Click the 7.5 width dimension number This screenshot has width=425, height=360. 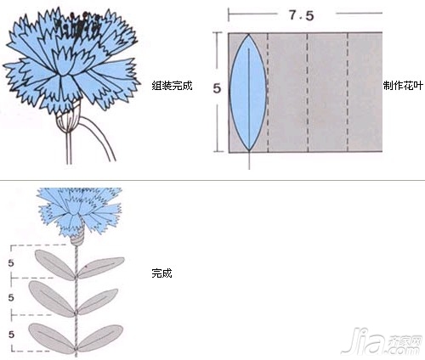pyautogui.click(x=301, y=15)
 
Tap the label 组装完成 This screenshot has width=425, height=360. pyautogui.click(x=172, y=86)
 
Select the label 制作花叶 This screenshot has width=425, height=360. pyautogui.click(x=403, y=86)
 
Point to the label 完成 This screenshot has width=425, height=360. pyautogui.click(x=161, y=273)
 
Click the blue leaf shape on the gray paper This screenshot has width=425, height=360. pyautogui.click(x=248, y=93)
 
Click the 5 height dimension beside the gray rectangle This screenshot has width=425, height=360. pyautogui.click(x=217, y=88)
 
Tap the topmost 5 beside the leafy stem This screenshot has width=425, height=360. pyautogui.click(x=11, y=263)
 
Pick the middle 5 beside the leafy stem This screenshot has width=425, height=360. pyautogui.click(x=11, y=297)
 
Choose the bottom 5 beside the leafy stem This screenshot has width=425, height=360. pyautogui.click(x=11, y=335)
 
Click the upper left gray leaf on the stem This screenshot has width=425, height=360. pyautogui.click(x=54, y=265)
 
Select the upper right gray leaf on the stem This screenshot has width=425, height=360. pyautogui.click(x=100, y=267)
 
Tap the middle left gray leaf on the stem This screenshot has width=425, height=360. pyautogui.click(x=51, y=299)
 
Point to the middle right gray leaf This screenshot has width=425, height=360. pyautogui.click(x=98, y=301)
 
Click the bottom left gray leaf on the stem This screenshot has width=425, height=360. pyautogui.click(x=52, y=338)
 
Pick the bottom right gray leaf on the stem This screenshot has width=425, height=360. pyautogui.click(x=100, y=338)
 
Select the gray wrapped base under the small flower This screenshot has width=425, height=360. pyautogui.click(x=77, y=238)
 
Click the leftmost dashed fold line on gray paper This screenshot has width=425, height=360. pyautogui.click(x=268, y=93)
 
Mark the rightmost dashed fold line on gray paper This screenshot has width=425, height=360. pyautogui.click(x=348, y=93)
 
